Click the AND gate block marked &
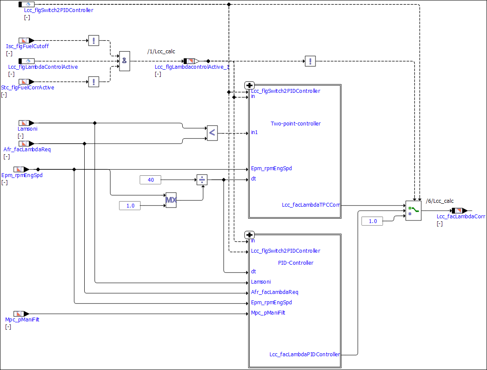pos(124,61)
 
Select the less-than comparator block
pos(212,133)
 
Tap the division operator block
pos(202,180)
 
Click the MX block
pos(171,200)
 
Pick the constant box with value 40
pos(150,180)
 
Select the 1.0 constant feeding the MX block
pos(130,206)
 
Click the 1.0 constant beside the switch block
pos(372,221)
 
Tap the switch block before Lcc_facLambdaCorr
pos(413,211)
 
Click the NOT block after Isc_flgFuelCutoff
pos(93,40)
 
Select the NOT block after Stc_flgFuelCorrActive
pos(93,82)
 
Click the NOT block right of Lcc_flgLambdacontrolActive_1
pos(310,61)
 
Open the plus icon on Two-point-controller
pos(249,85)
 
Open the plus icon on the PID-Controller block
pos(249,235)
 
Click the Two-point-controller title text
pos(295,124)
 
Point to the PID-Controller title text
pos(295,263)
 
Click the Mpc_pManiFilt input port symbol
pos(21,314)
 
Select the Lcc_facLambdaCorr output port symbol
pos(459,211)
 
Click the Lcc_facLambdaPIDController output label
pos(304,355)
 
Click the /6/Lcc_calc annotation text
pos(439,201)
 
